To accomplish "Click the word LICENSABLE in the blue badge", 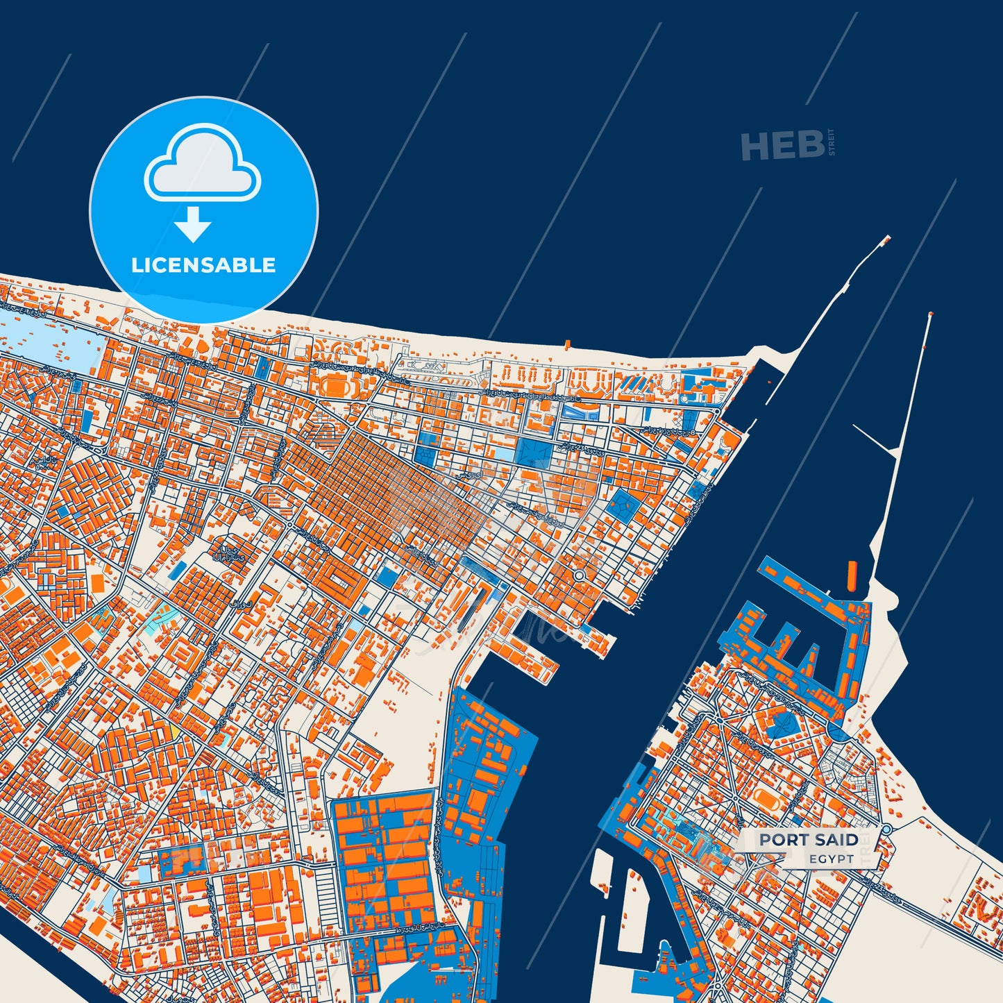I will pos(203,265).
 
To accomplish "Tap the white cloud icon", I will pos(202,167).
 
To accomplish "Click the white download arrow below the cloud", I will pos(193,224).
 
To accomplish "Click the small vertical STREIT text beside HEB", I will pos(832,142).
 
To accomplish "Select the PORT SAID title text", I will pos(809,840).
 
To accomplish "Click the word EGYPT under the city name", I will pos(832,859).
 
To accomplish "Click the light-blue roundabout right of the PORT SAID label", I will pos(886,829).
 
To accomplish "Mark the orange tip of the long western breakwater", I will pos(886,240).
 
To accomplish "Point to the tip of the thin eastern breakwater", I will pos(930,315).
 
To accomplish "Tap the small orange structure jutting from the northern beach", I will pos(567,344).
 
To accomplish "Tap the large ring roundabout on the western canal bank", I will pos(578,575).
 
